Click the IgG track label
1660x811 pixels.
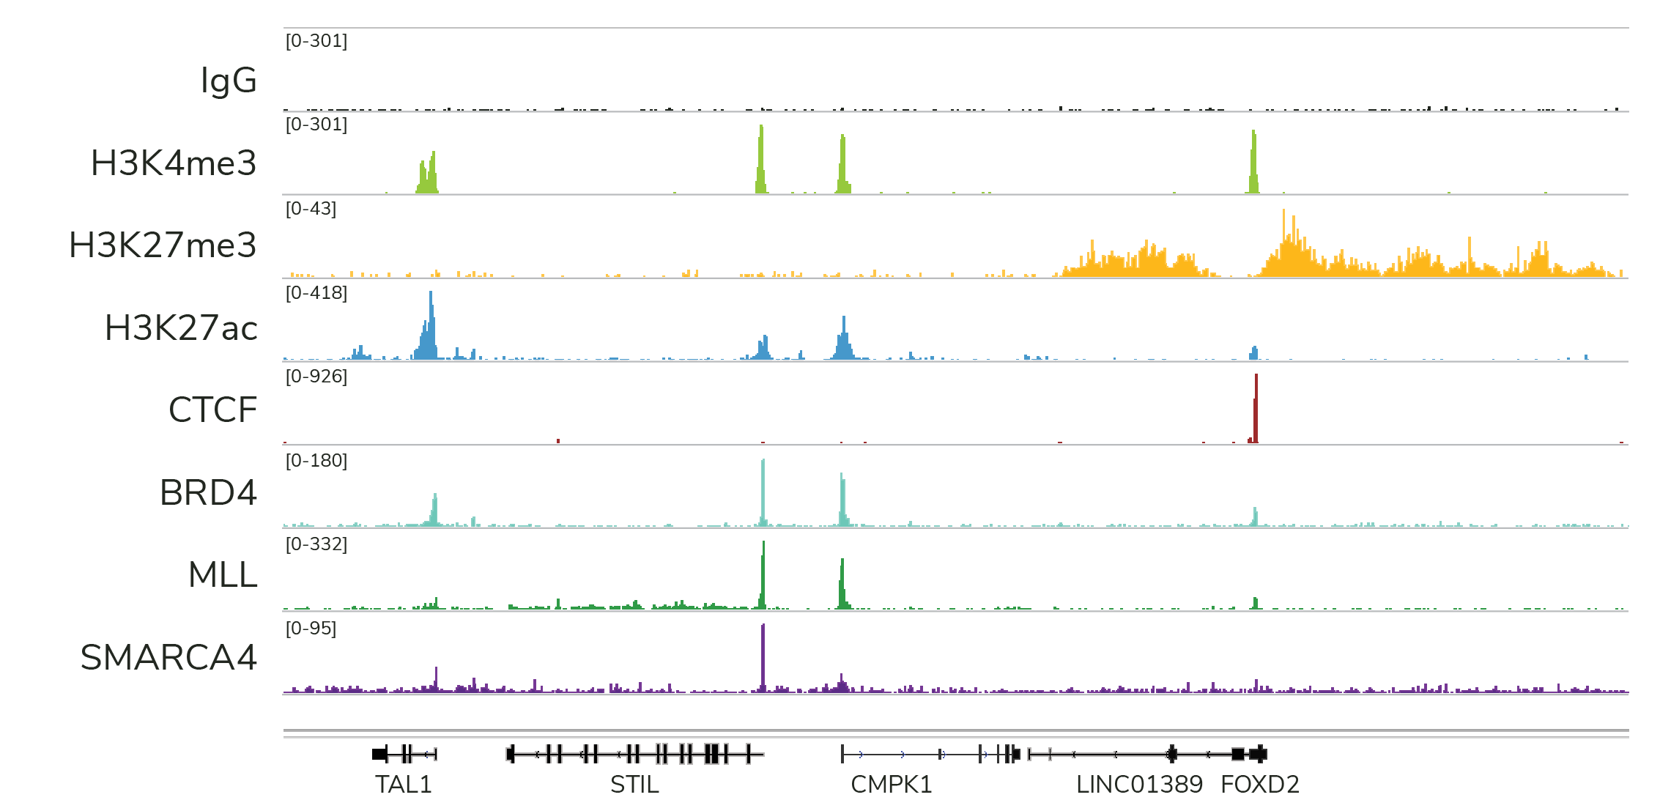click(229, 81)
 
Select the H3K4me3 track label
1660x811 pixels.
click(174, 163)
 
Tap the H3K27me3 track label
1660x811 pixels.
click(163, 245)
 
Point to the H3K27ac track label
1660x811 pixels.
click(181, 328)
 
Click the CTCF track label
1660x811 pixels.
click(212, 410)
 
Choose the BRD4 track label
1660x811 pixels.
click(208, 493)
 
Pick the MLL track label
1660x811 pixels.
click(223, 575)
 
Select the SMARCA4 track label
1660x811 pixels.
click(168, 658)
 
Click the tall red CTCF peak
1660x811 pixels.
click(1256, 410)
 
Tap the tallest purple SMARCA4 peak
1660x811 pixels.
click(763, 656)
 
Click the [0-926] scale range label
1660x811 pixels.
click(316, 377)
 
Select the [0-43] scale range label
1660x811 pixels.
click(311, 209)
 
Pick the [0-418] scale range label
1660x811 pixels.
click(316, 293)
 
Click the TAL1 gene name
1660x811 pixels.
click(404, 785)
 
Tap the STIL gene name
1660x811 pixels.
click(634, 785)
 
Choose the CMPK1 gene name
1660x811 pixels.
click(891, 785)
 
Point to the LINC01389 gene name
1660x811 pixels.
click(1139, 785)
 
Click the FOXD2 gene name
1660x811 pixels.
click(1260, 785)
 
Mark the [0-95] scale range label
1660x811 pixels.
click(311, 629)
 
